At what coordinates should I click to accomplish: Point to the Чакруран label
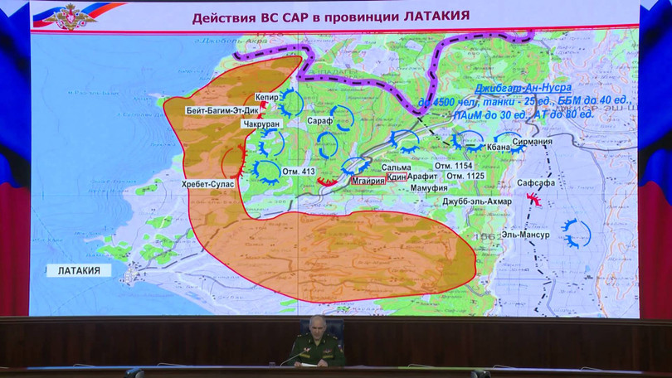(262, 124)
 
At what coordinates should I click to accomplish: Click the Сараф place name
(319, 121)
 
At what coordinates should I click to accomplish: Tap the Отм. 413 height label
(298, 172)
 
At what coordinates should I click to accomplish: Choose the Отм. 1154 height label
(465, 165)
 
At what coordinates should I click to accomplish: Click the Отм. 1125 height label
(465, 176)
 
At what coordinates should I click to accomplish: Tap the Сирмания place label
(532, 142)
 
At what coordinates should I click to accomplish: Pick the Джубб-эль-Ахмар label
(477, 201)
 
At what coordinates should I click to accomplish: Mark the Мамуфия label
(406, 188)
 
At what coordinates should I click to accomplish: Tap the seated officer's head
(315, 324)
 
